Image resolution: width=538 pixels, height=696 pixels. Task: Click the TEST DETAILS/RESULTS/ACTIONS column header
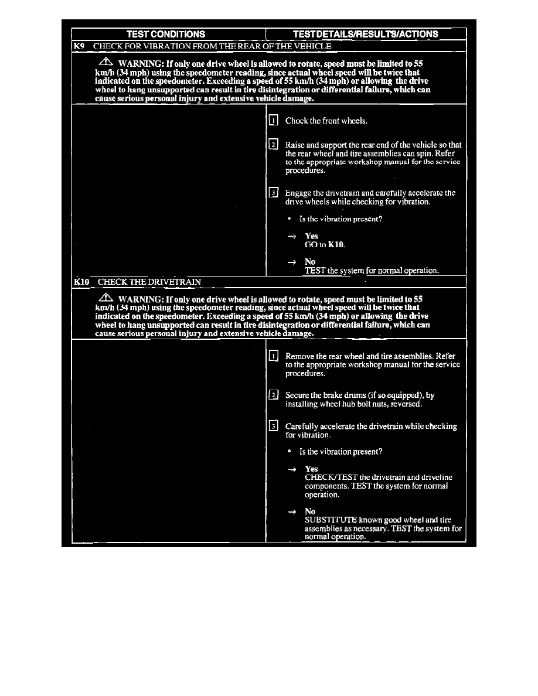pyautogui.click(x=365, y=34)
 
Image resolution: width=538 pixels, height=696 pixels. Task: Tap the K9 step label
pyautogui.click(x=80, y=46)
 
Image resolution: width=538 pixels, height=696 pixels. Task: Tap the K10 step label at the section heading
pyautogui.click(x=81, y=282)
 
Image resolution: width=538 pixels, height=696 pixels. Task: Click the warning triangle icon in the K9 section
pyautogui.click(x=105, y=62)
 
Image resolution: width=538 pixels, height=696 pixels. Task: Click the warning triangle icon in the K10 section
pyautogui.click(x=105, y=298)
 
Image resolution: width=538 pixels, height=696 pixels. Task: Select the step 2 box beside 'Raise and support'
pyautogui.click(x=273, y=144)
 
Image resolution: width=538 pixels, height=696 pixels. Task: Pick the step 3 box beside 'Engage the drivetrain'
pyautogui.click(x=273, y=193)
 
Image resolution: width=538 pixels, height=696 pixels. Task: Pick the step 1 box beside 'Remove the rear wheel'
pyautogui.click(x=273, y=356)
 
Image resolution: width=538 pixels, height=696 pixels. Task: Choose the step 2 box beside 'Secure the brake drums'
pyautogui.click(x=273, y=395)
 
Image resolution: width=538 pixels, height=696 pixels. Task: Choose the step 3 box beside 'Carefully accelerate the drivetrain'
pyautogui.click(x=273, y=426)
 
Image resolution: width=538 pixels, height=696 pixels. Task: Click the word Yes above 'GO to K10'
pyautogui.click(x=311, y=236)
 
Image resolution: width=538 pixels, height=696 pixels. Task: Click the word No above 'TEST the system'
pyautogui.click(x=310, y=262)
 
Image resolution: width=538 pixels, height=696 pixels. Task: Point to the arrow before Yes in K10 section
pyautogui.click(x=291, y=469)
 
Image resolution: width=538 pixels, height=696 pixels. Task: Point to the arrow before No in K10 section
pyautogui.click(x=291, y=511)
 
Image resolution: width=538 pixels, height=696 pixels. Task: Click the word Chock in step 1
pyautogui.click(x=297, y=121)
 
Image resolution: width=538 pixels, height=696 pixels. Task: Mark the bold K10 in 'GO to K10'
pyautogui.click(x=336, y=245)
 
